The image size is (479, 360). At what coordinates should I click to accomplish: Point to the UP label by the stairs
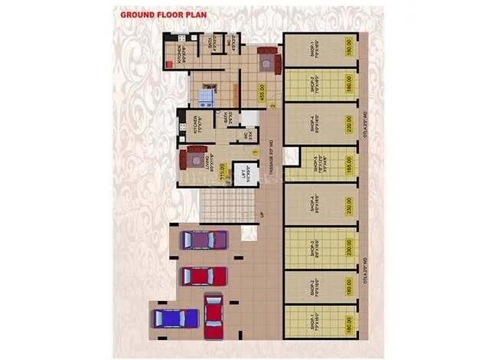point(262,215)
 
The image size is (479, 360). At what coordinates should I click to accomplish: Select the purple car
point(204,240)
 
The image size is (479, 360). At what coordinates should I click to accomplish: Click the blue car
point(175,316)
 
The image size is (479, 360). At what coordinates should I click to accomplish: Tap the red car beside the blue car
point(215,313)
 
